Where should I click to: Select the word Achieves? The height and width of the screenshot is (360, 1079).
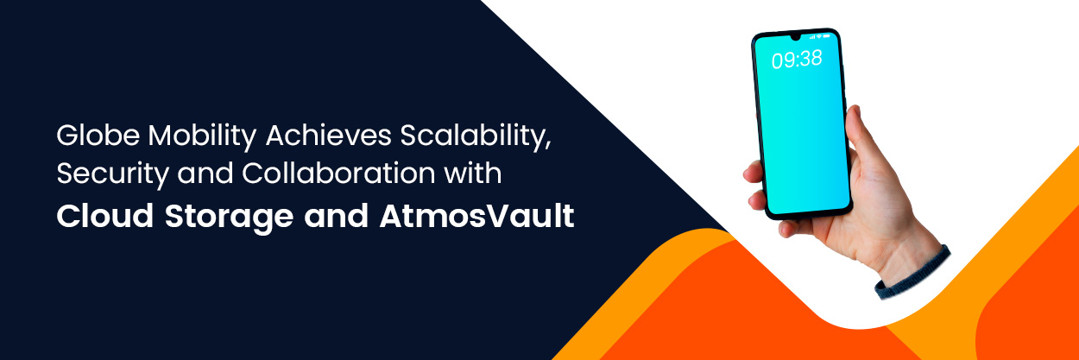(x=329, y=136)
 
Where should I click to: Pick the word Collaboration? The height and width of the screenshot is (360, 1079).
(x=338, y=173)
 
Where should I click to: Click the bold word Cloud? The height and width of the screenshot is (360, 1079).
(x=105, y=216)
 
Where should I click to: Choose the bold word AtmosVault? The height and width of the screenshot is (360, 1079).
(x=476, y=216)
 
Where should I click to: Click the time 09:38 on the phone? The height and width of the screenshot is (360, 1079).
(x=797, y=60)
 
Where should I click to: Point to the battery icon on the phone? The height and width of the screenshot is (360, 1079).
(x=827, y=36)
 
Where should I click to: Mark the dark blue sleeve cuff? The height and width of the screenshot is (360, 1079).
(x=912, y=274)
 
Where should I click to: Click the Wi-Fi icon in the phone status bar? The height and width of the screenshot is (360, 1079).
(x=819, y=36)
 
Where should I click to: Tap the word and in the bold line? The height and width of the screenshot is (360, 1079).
(x=337, y=216)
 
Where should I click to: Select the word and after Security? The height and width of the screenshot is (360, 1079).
(x=205, y=173)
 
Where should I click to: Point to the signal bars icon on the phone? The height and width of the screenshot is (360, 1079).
(x=811, y=36)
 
